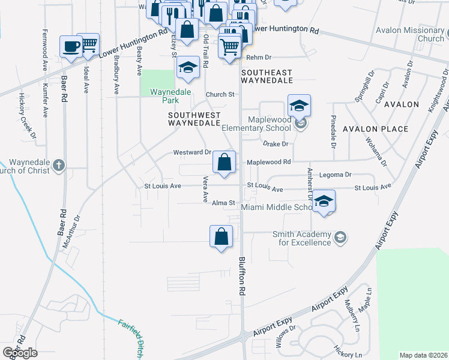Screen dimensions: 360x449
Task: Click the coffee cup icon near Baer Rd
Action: tap(71, 47)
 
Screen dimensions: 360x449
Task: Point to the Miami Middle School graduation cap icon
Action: tap(324, 201)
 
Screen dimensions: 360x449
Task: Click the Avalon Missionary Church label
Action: tap(410, 34)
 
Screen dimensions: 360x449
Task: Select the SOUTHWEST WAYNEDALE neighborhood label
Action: tap(194, 119)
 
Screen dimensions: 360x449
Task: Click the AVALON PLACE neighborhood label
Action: tap(375, 129)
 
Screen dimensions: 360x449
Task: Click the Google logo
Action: tap(20, 353)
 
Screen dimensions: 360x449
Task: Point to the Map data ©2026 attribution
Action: tap(423, 355)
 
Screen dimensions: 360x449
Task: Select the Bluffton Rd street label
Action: tap(243, 277)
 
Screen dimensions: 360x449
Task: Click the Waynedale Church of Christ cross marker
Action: tap(58, 165)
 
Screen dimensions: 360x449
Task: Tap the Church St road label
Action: tap(219, 95)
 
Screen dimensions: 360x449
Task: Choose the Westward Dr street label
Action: tap(192, 152)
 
